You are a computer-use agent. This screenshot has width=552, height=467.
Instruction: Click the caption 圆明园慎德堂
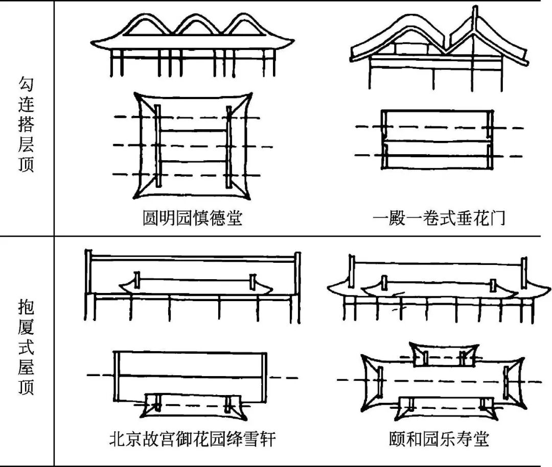[192, 218]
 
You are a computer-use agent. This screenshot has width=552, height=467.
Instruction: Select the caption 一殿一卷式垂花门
[439, 218]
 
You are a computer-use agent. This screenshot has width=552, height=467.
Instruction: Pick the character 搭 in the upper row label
[27, 126]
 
